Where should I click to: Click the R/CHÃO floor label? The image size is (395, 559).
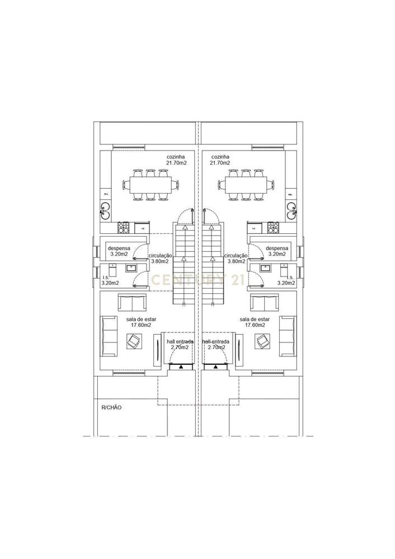click(111, 407)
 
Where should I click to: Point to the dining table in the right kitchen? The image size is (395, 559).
click(246, 184)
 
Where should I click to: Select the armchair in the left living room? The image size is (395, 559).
click(134, 340)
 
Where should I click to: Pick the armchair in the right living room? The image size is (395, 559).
click(261, 340)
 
